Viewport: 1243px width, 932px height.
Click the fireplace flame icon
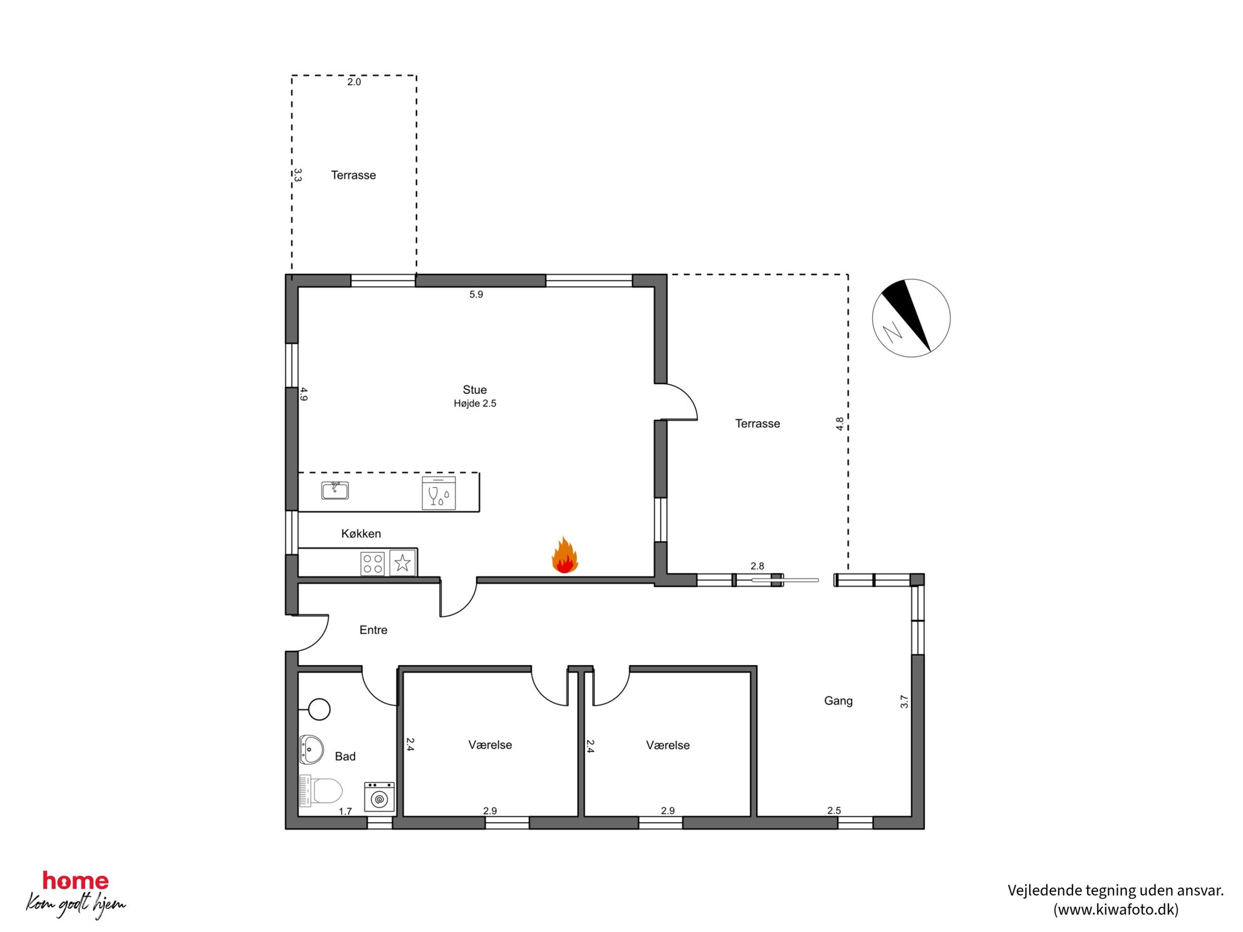pos(564,556)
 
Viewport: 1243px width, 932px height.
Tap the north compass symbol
pos(911,318)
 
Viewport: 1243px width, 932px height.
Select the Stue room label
pos(475,390)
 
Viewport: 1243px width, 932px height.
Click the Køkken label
pos(361,534)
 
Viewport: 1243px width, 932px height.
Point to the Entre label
pos(373,630)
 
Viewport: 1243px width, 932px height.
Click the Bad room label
pos(345,757)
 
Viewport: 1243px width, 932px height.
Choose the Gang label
pos(838,701)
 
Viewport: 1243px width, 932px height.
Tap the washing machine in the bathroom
pos(379,796)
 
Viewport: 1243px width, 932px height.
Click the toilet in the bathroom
pos(321,790)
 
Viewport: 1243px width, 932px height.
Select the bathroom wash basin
pos(311,749)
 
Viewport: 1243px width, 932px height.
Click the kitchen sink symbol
pos(335,490)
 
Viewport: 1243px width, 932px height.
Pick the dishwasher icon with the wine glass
pos(439,493)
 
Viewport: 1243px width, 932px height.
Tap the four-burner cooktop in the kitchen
pos(373,563)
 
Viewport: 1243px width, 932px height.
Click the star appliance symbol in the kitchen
pos(402,562)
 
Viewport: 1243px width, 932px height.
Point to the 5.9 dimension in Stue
pos(476,294)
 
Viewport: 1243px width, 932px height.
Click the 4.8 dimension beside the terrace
pos(840,424)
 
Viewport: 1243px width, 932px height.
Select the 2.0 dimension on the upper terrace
pos(354,82)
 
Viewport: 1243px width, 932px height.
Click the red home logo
pos(76,881)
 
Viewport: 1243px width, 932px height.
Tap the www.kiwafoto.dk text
pos(1116,909)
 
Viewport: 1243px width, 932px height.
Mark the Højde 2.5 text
pos(475,404)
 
